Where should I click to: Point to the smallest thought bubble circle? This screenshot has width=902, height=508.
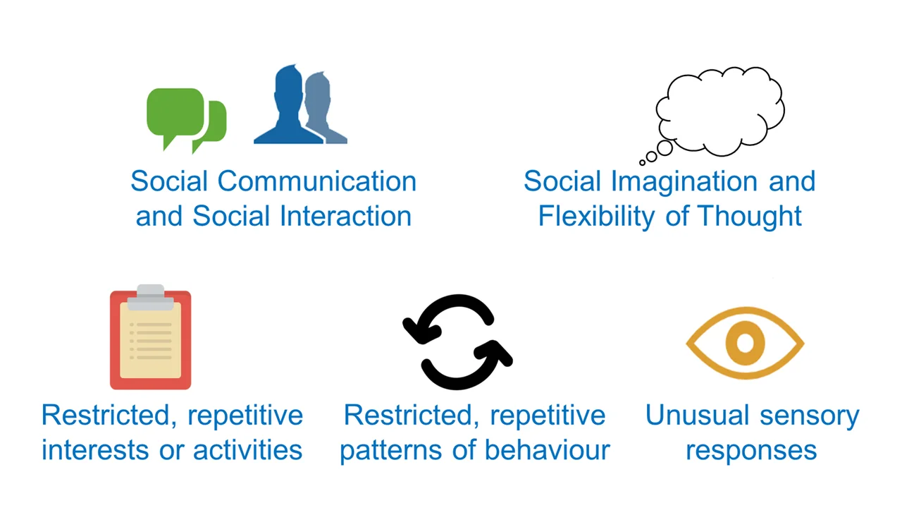pyautogui.click(x=642, y=162)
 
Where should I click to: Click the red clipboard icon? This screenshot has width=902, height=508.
pyautogui.click(x=151, y=338)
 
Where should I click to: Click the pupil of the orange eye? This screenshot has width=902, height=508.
pyautogui.click(x=745, y=343)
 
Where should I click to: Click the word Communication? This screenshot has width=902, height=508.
pyautogui.click(x=317, y=181)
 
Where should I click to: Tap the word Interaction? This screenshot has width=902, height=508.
pyautogui.click(x=345, y=216)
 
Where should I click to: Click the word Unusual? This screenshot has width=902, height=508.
pyautogui.click(x=698, y=415)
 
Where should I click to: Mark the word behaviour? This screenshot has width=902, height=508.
pyautogui.click(x=548, y=449)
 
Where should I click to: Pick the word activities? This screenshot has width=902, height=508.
pyautogui.click(x=247, y=449)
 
